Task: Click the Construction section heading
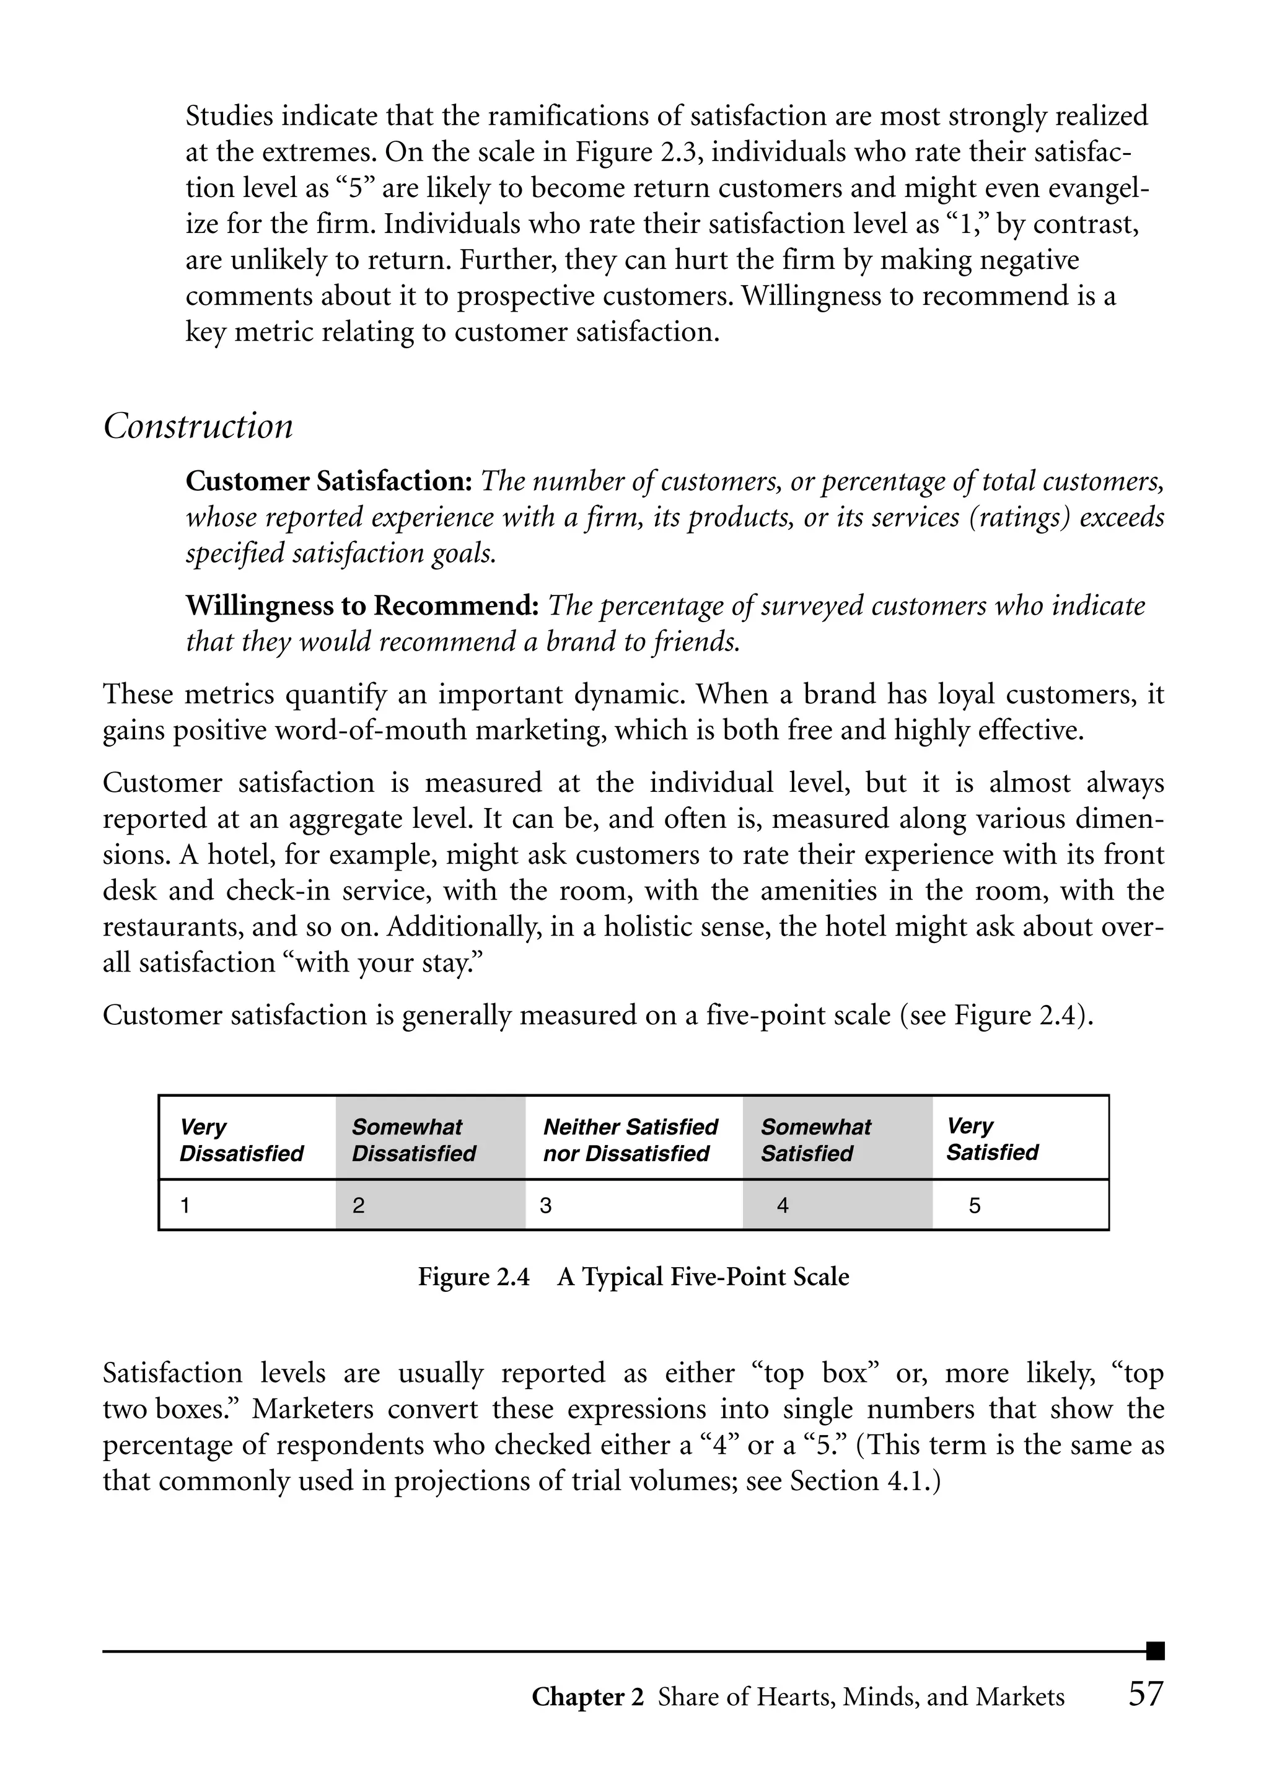coord(198,426)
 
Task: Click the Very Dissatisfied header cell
coord(242,1140)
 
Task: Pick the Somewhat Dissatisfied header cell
coord(413,1140)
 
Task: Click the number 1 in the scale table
coord(185,1205)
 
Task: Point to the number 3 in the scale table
coord(545,1205)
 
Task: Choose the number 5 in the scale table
coord(975,1205)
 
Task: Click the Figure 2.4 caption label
coord(473,1276)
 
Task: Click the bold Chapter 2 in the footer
coord(587,1697)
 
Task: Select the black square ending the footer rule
coord(1155,1651)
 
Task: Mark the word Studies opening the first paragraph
coord(230,116)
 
